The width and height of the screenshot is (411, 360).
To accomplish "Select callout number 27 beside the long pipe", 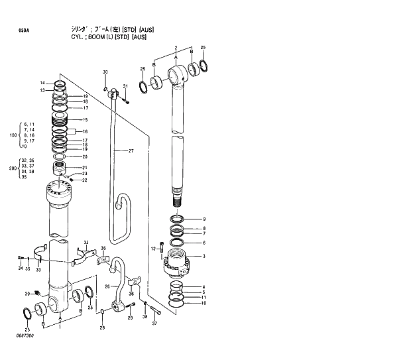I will click(x=131, y=151).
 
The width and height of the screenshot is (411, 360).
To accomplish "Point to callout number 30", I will click(x=105, y=72).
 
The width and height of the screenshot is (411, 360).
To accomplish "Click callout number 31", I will click(x=125, y=87).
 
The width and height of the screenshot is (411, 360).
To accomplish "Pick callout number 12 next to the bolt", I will click(x=153, y=249).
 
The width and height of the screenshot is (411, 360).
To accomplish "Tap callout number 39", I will click(x=28, y=294).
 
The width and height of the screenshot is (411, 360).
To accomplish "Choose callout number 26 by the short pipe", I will click(x=107, y=286).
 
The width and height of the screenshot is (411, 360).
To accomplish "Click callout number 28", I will click(x=102, y=328).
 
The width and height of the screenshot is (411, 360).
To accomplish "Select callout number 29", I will click(x=130, y=319).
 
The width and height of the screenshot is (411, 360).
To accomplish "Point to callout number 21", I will click(x=84, y=168).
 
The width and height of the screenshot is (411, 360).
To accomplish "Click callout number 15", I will click(x=84, y=119).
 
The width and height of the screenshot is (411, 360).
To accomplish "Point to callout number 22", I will click(x=84, y=180).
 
